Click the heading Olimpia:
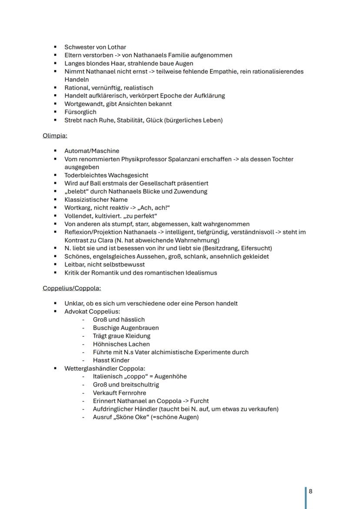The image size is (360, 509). [x=55, y=136]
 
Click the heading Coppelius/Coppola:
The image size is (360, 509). [x=71, y=288]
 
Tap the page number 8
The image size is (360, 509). [x=310, y=491]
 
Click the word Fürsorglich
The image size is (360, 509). [x=80, y=112]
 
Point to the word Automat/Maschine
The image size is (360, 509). [x=92, y=151]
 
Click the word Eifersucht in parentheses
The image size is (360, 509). [x=256, y=248]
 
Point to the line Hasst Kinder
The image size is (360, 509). [x=111, y=360]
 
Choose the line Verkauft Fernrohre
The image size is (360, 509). [x=120, y=393]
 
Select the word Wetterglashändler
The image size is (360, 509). [x=91, y=369]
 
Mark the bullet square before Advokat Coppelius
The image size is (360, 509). [x=56, y=312]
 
